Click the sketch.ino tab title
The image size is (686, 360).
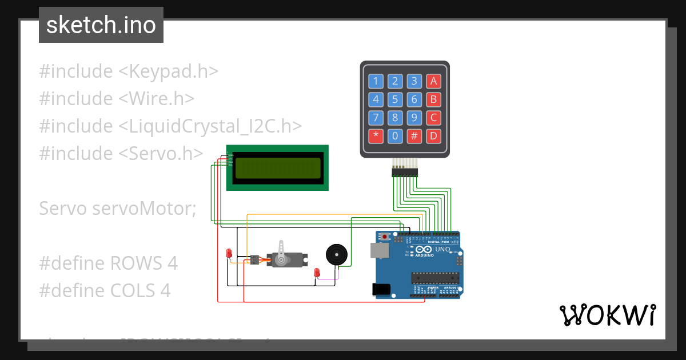click(101, 25)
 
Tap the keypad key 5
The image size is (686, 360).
click(395, 100)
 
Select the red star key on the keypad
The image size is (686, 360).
click(376, 136)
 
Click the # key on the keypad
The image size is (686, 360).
click(414, 136)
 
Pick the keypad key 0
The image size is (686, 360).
click(395, 136)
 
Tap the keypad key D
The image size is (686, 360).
click(434, 136)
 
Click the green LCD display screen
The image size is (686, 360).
click(278, 168)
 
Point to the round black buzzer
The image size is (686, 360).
click(336, 254)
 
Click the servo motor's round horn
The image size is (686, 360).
click(281, 259)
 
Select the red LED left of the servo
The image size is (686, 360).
click(229, 253)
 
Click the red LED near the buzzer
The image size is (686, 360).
click(317, 273)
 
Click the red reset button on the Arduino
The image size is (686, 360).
click(385, 236)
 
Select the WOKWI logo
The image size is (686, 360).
click(607, 315)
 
